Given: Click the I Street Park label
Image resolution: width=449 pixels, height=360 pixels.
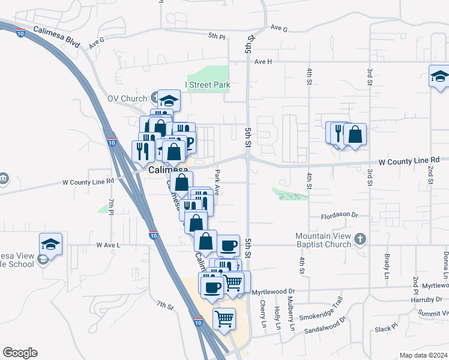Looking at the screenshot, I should (x=208, y=85).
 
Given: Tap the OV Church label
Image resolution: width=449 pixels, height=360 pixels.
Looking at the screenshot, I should (x=127, y=98).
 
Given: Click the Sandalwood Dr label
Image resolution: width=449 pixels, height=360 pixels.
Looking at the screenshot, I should (x=325, y=325).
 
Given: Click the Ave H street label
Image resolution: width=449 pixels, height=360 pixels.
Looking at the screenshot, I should (x=263, y=62).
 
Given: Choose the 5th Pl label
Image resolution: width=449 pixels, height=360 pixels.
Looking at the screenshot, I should (x=217, y=37).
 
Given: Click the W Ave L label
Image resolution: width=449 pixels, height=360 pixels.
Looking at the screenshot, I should (x=108, y=245).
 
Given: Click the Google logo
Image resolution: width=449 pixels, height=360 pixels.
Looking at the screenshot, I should (x=20, y=353).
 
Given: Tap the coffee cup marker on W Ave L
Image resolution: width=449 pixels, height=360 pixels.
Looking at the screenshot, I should (x=229, y=245).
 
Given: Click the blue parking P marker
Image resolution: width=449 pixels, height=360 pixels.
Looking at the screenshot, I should (x=189, y=142).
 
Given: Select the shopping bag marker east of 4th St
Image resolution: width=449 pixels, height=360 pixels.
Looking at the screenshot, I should (x=355, y=134).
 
